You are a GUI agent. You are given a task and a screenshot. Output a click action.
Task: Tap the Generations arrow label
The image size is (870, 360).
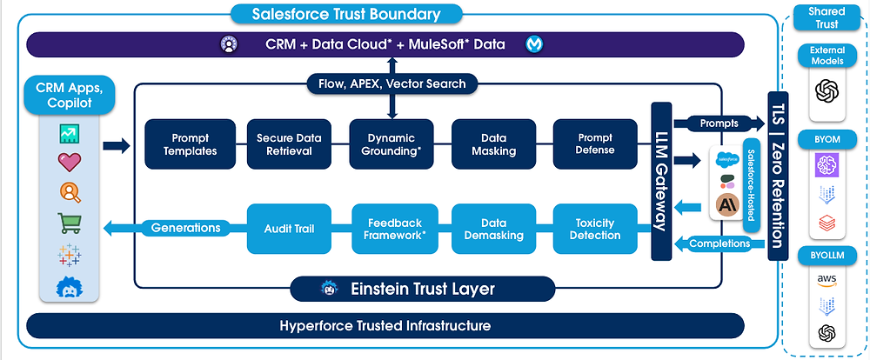184,229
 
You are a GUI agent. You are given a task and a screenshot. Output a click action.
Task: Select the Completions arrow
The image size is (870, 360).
719,243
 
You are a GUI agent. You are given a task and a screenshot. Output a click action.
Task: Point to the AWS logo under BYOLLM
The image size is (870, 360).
826,277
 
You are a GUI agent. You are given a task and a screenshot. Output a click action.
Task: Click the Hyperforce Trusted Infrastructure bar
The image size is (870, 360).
385,326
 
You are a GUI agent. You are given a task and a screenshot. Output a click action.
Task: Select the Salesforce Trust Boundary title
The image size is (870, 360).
346,14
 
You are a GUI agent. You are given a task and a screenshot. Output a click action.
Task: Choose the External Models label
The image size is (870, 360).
826,56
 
